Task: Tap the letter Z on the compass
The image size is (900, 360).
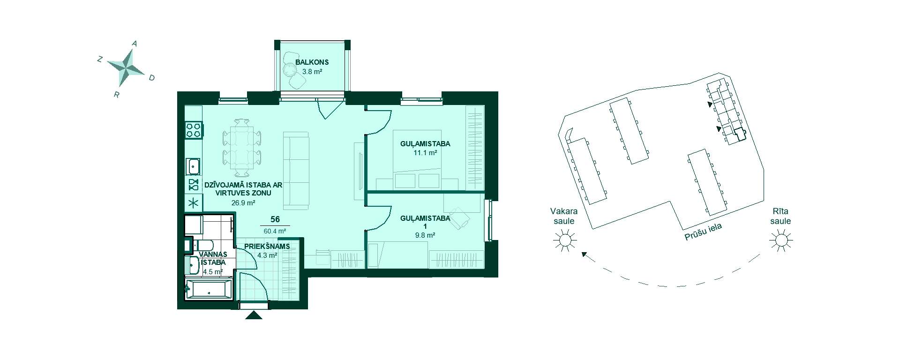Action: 99,59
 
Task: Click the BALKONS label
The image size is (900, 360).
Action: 312,62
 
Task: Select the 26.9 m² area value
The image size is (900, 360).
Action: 243,203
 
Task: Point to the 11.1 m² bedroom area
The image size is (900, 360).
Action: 425,152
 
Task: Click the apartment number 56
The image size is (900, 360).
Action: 275,219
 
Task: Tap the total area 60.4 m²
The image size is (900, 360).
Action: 275,231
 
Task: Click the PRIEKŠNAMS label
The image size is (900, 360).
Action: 267,246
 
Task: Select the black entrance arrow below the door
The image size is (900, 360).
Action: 254,315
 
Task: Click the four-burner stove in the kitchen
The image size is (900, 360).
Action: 194,129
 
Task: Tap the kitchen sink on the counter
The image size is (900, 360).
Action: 193,166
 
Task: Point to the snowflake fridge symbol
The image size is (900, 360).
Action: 194,203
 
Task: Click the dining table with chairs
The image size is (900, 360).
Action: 242,144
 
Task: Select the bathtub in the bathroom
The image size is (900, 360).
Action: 209,289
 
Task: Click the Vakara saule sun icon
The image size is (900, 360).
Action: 564,240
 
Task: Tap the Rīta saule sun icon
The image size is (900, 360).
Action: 781,240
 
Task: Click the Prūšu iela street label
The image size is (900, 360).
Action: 703,232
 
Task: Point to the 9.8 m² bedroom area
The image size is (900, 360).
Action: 425,235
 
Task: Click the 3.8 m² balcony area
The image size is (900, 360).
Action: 312,72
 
